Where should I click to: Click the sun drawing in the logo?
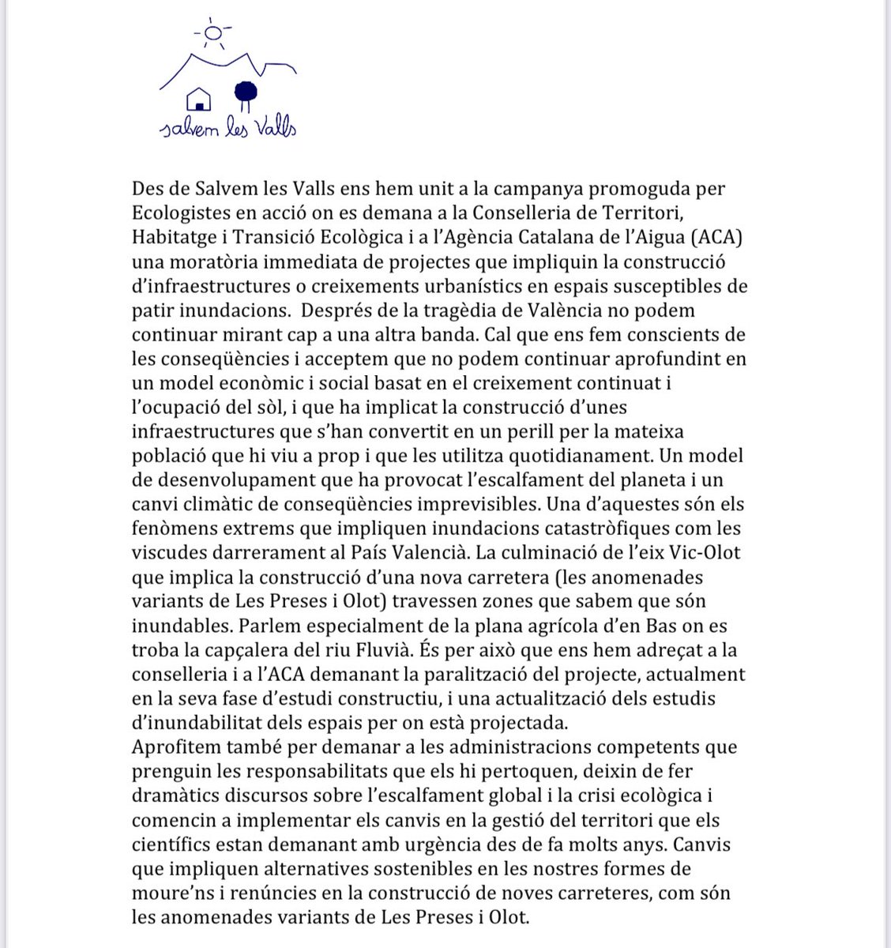212,32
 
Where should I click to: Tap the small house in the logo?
197,100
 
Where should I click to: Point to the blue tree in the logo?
247,94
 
